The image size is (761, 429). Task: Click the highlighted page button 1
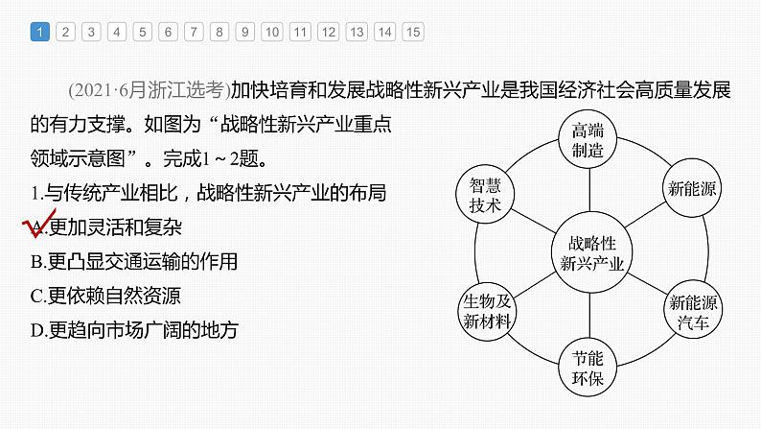(x=40, y=32)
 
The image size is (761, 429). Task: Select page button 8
(x=219, y=32)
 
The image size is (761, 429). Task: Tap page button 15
(x=413, y=32)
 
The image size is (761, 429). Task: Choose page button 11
(x=300, y=32)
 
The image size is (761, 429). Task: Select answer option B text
(x=134, y=261)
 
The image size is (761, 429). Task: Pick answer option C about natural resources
(x=105, y=296)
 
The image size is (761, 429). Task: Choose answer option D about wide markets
(x=134, y=330)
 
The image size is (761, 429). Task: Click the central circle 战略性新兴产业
(x=591, y=252)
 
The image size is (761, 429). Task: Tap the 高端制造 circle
(x=588, y=139)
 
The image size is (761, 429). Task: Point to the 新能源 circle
(x=692, y=188)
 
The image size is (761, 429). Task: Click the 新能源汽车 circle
(x=693, y=310)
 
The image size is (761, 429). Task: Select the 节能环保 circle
(x=588, y=368)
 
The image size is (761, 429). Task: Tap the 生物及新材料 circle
(x=487, y=311)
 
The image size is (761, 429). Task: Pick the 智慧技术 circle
(x=485, y=194)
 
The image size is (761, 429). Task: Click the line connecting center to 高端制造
(x=589, y=190)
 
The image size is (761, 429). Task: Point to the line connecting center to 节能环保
(x=589, y=316)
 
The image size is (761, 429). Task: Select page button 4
(x=117, y=32)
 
